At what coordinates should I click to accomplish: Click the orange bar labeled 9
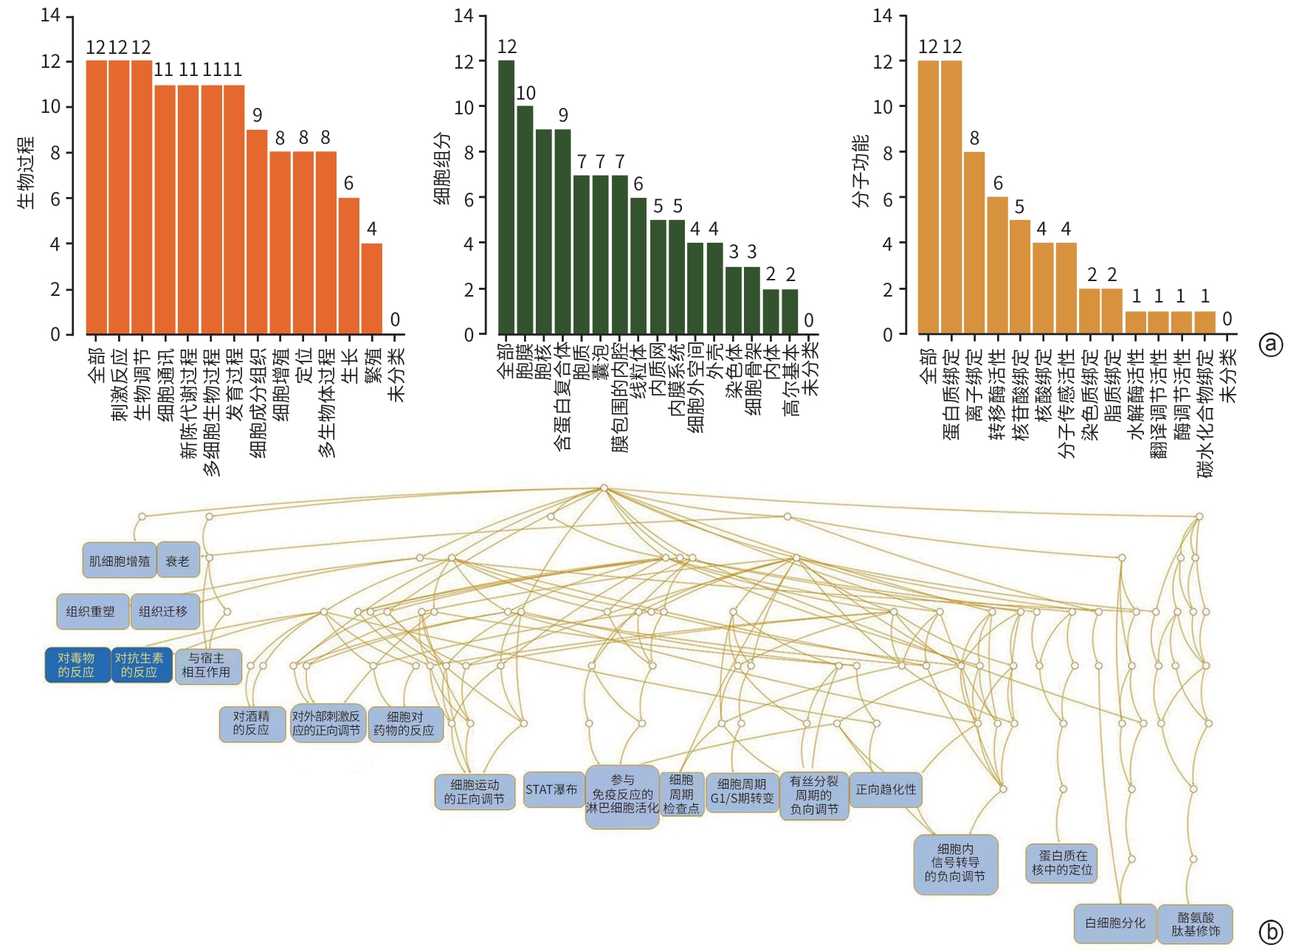point(257,232)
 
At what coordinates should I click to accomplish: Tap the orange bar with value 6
point(348,266)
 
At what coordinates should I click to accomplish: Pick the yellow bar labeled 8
point(974,243)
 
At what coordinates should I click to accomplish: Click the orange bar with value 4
point(371,288)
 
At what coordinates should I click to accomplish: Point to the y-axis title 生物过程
point(26,173)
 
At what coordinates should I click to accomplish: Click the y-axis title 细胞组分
point(441,169)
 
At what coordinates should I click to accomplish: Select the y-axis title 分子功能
point(861,171)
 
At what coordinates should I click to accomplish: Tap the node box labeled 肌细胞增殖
point(119,561)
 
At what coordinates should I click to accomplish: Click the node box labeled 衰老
point(177,561)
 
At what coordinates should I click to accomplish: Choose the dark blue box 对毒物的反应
point(77,665)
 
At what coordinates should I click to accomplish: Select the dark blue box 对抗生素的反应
point(139,665)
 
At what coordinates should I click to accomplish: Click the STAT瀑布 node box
point(551,789)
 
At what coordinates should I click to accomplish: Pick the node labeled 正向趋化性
point(886,789)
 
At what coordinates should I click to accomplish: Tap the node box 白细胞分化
point(1114,923)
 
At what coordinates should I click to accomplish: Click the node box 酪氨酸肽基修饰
point(1196,924)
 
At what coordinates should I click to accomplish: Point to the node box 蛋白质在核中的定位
point(1061,863)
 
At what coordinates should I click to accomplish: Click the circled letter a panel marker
point(1271,345)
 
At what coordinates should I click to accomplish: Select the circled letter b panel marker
point(1271,933)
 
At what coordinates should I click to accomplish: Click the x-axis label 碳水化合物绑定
point(1205,413)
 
